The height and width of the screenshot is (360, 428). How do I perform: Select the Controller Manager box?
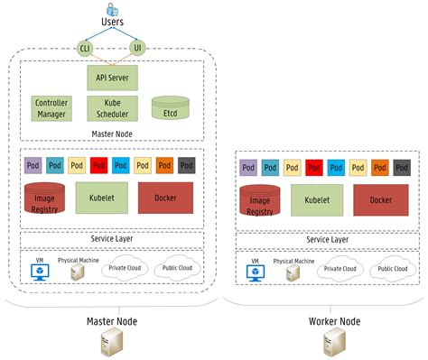pos(51,109)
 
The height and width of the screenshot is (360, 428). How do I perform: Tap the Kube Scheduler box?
pos(113,109)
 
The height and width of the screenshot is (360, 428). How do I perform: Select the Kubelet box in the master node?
pos(101,198)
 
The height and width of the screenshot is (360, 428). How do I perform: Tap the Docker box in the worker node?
pos(380,199)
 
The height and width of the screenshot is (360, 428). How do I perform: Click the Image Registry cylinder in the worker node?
pos(259,200)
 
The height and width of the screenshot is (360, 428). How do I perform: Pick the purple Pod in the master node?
pos(33,165)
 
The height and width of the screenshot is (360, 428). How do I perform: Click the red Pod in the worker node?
pos(315,168)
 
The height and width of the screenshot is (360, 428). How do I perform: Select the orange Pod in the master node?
pos(164,165)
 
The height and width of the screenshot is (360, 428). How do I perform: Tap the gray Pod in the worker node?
pos(402,168)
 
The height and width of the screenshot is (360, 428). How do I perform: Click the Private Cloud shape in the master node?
pos(126,267)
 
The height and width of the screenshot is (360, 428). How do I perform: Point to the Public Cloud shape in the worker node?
pos(391,269)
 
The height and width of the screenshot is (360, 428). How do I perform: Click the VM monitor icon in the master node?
pos(40,272)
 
